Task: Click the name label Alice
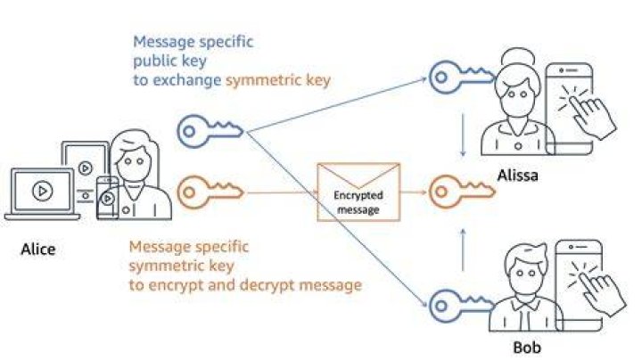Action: [38, 250]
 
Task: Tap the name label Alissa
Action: [517, 176]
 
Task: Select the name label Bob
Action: [527, 348]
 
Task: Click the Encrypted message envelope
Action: [358, 192]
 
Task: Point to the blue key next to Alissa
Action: [461, 78]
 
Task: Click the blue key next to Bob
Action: [461, 306]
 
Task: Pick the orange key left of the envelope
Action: [210, 192]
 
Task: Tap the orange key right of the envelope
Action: [462, 191]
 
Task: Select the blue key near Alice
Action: [210, 131]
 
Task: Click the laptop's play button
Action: [43, 191]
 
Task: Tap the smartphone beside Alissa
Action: [570, 109]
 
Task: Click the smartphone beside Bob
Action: [579, 285]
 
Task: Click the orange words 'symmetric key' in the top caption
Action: [278, 80]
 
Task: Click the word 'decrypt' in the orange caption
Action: [267, 285]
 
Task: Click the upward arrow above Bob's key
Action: [463, 250]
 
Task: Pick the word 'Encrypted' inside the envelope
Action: [358, 195]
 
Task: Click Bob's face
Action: [526, 274]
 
